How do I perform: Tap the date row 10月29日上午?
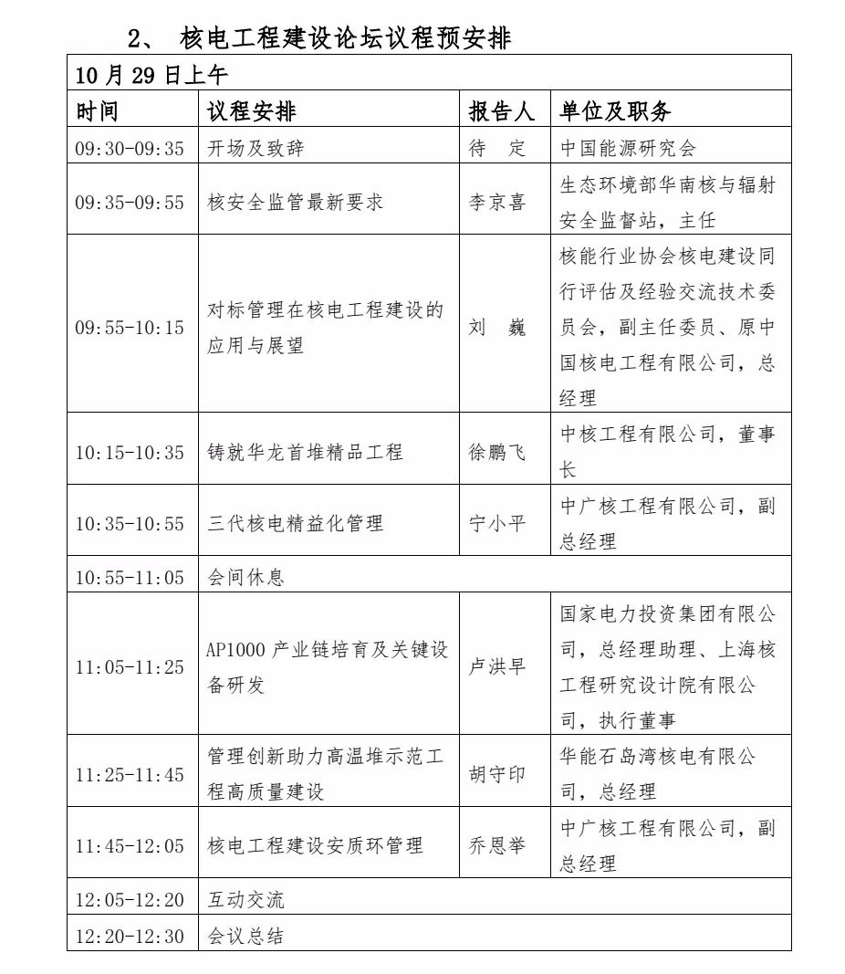[151, 75]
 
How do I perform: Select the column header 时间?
[97, 111]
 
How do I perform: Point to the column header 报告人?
[501, 111]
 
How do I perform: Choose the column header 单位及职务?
[615, 111]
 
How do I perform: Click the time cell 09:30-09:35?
[130, 148]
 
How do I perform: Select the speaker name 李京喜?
[497, 202]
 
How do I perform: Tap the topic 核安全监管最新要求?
[296, 202]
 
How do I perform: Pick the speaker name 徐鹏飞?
[497, 452]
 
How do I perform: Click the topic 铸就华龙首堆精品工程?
[305, 452]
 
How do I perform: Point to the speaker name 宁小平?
[497, 524]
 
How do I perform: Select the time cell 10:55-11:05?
[130, 578]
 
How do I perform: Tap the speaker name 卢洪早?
[497, 667]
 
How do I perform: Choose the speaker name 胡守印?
[497, 774]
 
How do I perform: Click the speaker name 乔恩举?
[497, 845]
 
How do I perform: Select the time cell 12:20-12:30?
[130, 937]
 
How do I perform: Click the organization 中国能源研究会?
[629, 148]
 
